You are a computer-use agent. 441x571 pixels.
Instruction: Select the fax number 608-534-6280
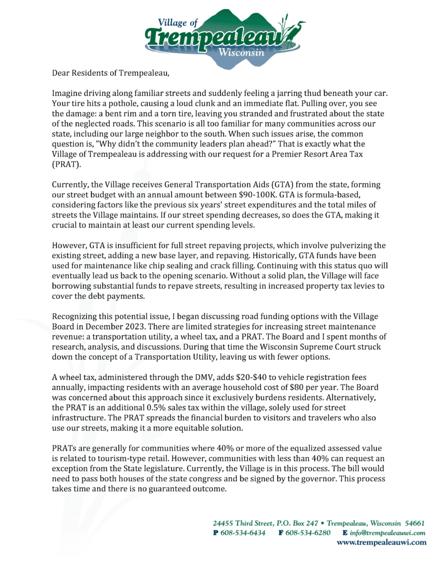point(308,533)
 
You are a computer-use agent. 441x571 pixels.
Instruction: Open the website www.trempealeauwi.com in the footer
point(382,543)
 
